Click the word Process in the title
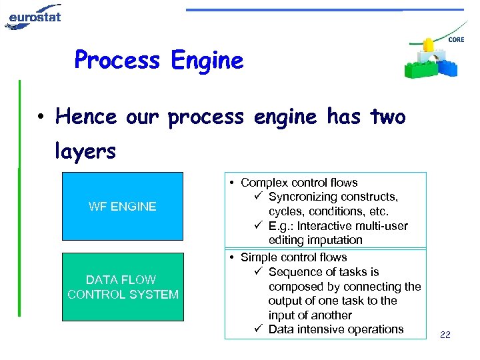coord(117,61)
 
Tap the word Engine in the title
coord(207,61)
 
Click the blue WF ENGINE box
coord(122,206)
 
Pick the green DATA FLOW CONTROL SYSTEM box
coord(122,287)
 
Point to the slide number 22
coord(445,335)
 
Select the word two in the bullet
coord(387,117)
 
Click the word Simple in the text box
coord(258,257)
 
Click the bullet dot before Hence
coord(41,118)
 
